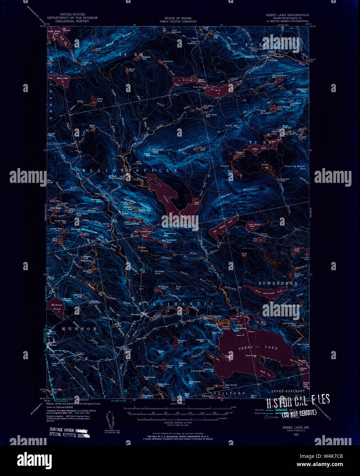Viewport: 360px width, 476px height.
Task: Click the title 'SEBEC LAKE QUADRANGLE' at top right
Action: pyautogui.click(x=287, y=15)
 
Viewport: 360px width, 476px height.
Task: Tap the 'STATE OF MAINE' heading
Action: pyautogui.click(x=178, y=18)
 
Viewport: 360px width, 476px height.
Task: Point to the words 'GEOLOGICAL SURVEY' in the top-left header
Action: pyautogui.click(x=72, y=21)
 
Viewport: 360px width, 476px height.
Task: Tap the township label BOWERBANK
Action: pyautogui.click(x=278, y=284)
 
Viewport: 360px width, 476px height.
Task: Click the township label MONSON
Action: pyautogui.click(x=79, y=329)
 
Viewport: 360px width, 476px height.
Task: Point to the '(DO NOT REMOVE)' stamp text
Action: pyautogui.click(x=299, y=413)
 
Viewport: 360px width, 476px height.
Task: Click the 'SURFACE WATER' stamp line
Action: pyautogui.click(x=68, y=430)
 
